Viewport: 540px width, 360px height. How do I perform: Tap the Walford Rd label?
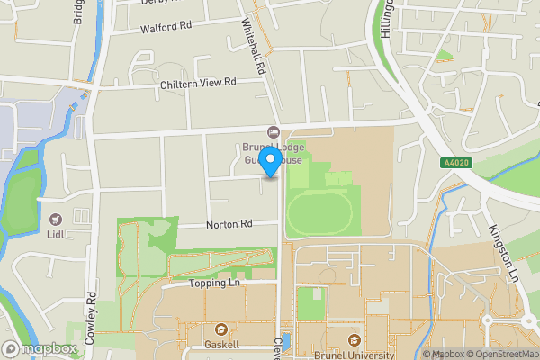click(x=166, y=28)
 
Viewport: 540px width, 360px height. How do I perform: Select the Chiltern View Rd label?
click(x=197, y=82)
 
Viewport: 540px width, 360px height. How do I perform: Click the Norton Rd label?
click(x=229, y=224)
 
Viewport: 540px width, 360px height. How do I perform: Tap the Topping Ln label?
click(x=216, y=283)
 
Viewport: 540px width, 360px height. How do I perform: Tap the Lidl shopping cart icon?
click(x=56, y=219)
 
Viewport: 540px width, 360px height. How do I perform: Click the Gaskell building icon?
click(x=221, y=328)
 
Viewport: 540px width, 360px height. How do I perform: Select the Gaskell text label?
click(x=221, y=344)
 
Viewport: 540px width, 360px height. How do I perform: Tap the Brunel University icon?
click(x=354, y=340)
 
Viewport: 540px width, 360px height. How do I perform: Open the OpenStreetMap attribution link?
click(x=501, y=354)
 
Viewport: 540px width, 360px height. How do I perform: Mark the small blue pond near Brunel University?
click(x=286, y=341)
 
